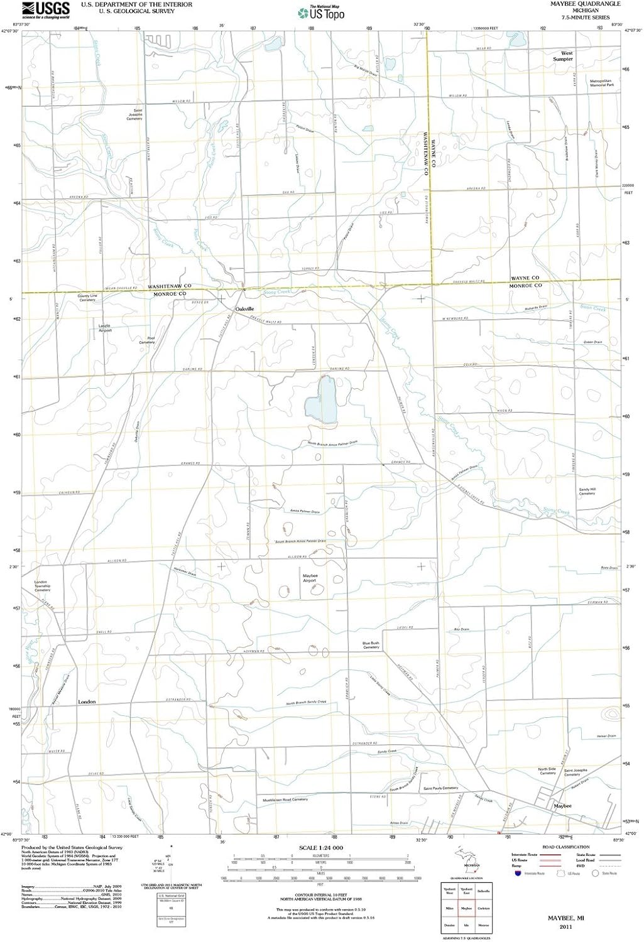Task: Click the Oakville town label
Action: click(x=244, y=310)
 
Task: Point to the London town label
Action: click(x=87, y=701)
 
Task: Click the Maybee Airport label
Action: click(x=310, y=578)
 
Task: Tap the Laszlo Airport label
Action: click(x=104, y=328)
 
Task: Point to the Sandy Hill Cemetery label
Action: click(x=587, y=491)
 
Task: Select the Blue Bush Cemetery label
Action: click(x=371, y=645)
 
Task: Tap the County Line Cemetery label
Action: click(x=87, y=298)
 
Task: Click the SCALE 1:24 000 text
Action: click(x=322, y=848)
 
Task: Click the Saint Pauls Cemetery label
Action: click(x=440, y=788)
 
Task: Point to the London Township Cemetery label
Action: click(x=41, y=586)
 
